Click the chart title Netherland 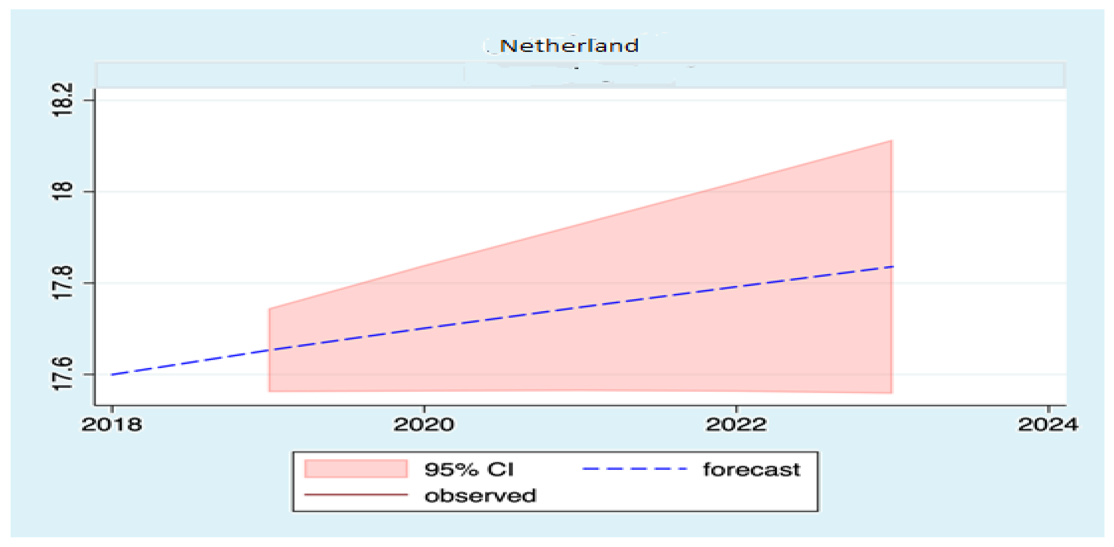click(x=569, y=45)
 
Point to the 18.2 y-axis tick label click(x=62, y=100)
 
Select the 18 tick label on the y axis click(x=62, y=191)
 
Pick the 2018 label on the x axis click(x=112, y=425)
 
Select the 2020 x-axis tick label click(x=424, y=425)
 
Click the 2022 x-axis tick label click(x=736, y=425)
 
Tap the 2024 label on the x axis click(x=1048, y=425)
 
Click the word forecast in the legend click(x=752, y=470)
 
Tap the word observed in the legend click(x=480, y=496)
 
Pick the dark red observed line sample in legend click(x=356, y=495)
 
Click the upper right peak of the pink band click(x=891, y=141)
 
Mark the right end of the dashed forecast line click(x=892, y=266)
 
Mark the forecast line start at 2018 click(x=112, y=375)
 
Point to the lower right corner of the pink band click(x=891, y=392)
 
